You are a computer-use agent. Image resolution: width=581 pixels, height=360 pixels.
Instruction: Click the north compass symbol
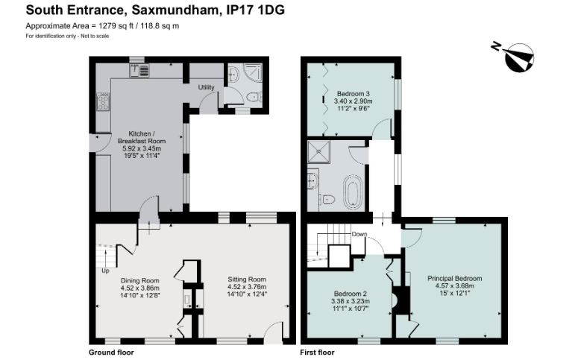515,57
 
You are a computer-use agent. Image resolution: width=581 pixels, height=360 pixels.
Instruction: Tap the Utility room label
206,87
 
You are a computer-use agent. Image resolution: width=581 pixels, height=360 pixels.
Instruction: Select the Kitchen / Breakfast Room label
142,137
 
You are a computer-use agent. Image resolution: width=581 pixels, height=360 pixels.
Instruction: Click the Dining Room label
140,281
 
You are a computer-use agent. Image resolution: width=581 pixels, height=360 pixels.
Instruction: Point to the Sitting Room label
247,280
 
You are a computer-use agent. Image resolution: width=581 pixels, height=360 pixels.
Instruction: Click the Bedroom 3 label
353,94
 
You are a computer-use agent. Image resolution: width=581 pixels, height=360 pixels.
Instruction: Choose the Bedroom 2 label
350,294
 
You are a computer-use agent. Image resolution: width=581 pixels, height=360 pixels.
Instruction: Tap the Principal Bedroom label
455,279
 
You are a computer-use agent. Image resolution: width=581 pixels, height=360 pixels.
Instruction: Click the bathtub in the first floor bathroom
353,192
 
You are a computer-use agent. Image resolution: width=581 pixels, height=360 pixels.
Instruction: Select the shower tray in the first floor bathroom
318,152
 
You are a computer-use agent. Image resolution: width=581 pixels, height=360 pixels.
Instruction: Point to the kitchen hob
103,101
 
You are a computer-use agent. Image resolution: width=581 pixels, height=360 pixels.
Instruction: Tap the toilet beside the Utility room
254,97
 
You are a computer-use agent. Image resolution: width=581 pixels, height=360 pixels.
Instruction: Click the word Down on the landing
359,234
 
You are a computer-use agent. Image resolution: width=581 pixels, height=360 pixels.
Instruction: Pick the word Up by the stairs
105,271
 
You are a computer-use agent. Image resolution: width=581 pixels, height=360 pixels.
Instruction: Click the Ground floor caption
111,353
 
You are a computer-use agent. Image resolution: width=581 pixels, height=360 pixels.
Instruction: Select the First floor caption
317,353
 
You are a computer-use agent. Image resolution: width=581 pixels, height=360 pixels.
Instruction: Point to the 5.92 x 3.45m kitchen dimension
142,148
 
